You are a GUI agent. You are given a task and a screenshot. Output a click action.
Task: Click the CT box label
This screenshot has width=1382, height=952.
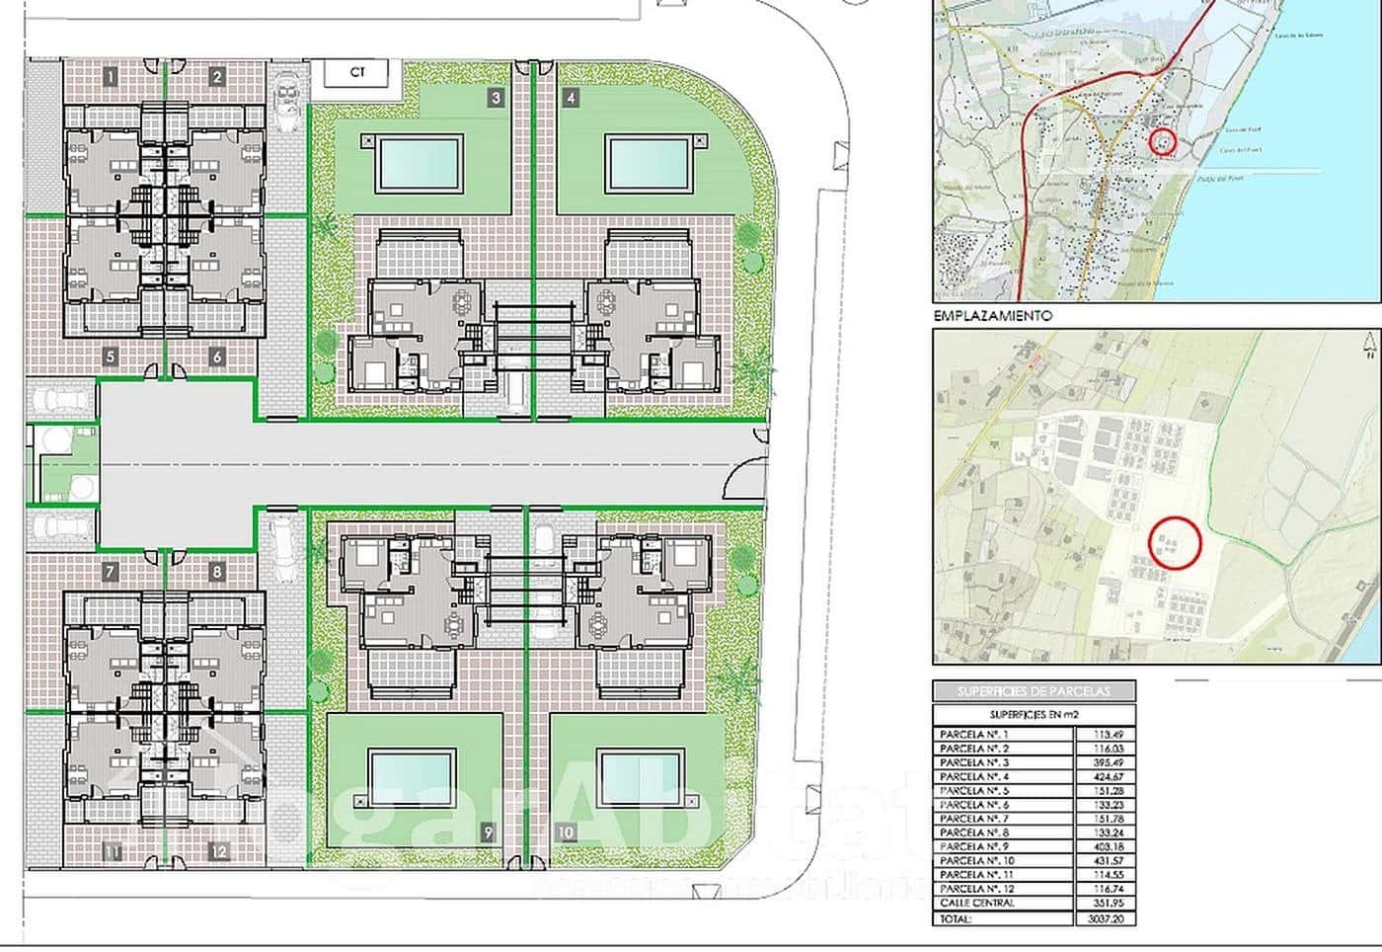[x=357, y=73]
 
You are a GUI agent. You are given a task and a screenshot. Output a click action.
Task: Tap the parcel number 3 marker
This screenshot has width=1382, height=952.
[x=496, y=98]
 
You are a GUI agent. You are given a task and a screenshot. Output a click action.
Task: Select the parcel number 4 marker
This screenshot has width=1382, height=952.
[x=572, y=98]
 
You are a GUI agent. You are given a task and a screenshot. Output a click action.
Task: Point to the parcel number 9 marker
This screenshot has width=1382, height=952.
[x=488, y=833]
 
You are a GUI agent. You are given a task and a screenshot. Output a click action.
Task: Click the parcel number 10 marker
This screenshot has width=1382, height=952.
[x=566, y=833]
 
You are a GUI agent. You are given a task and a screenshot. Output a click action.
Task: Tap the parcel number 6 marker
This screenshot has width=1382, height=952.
[x=217, y=357]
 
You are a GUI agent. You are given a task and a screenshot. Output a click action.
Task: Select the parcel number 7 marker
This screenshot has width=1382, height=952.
[x=111, y=572]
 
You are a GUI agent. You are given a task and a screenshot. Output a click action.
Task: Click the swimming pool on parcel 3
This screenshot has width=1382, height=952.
[x=419, y=163]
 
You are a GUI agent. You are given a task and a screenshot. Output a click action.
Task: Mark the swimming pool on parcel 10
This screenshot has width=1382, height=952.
[x=639, y=779]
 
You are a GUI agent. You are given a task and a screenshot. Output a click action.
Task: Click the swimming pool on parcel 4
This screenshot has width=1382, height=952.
[x=649, y=163]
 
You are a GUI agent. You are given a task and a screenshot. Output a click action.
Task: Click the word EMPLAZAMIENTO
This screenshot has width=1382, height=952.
[x=992, y=316]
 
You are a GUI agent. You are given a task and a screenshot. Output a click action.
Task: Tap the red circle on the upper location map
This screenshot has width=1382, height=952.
[x=1164, y=141]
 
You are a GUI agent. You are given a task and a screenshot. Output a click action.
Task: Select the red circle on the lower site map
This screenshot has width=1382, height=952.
[x=1175, y=542]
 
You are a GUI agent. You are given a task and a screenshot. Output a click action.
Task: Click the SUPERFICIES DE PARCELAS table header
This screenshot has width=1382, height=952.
[x=1034, y=690]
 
